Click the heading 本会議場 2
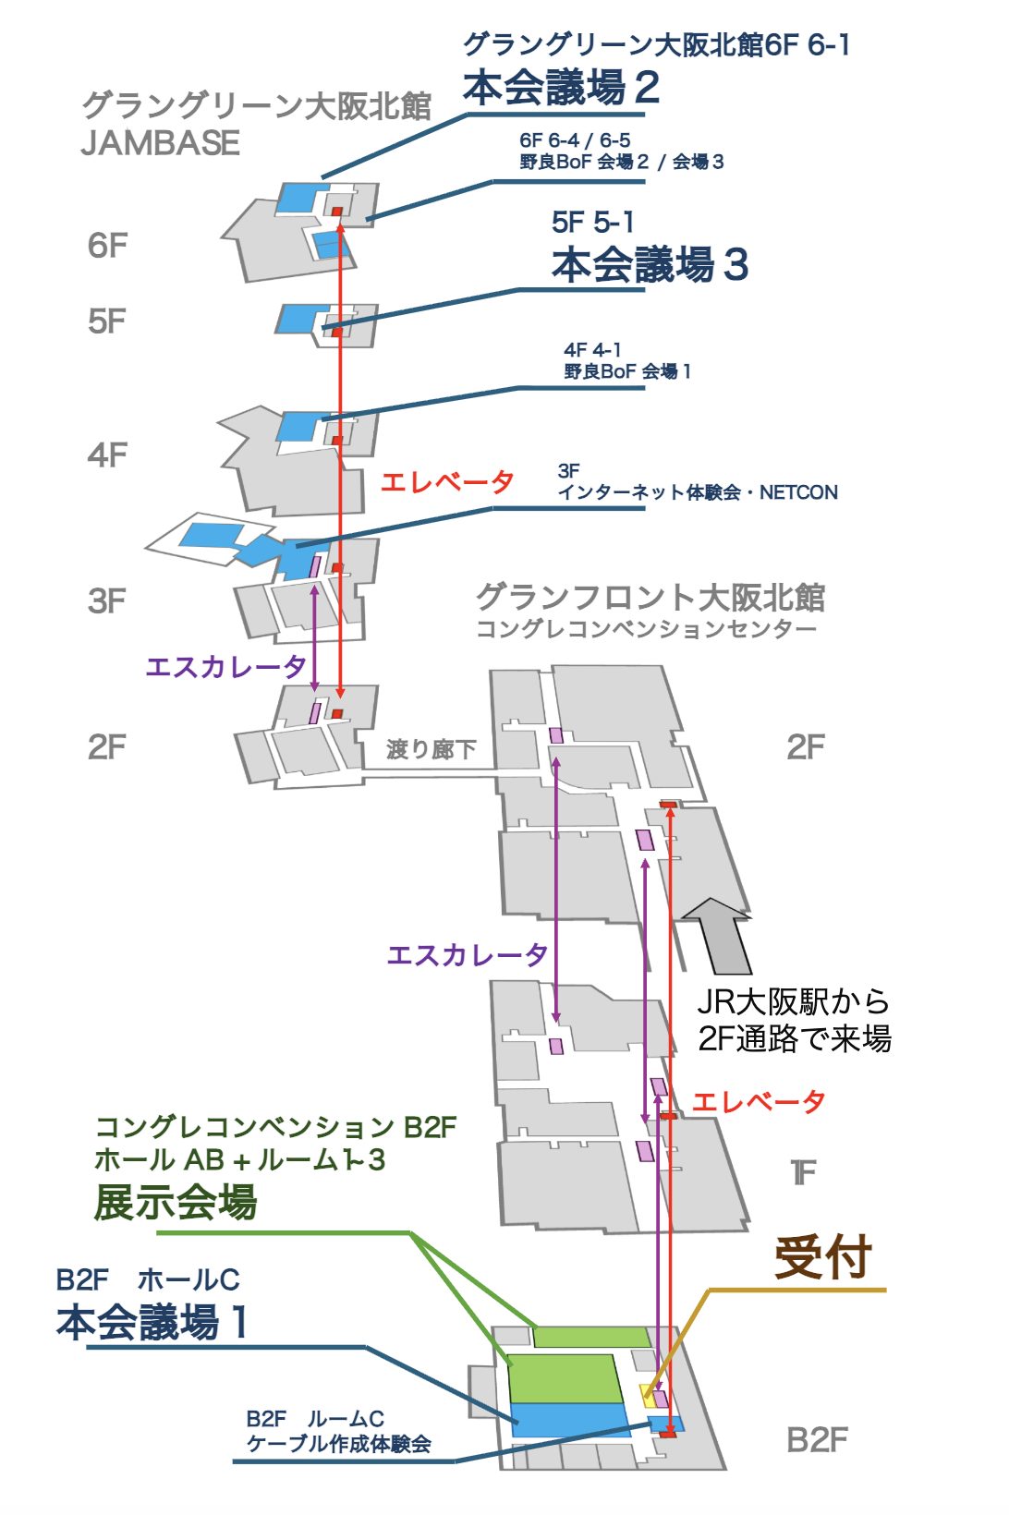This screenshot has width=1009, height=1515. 561,88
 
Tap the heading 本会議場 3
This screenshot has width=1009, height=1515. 650,264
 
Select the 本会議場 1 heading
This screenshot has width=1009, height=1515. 152,1322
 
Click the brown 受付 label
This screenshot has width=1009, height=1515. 823,1257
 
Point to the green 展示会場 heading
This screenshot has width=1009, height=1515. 176,1203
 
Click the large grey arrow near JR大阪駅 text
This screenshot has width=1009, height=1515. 719,935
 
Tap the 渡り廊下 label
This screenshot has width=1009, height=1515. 432,749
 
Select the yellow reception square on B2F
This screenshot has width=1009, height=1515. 649,1395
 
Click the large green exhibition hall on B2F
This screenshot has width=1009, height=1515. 565,1378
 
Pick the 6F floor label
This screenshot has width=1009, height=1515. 107,246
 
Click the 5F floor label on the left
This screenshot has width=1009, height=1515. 107,321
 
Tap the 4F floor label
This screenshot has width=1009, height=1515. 107,455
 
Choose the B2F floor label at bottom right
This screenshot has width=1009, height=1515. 817,1440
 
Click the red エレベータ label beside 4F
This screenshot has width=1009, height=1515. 447,481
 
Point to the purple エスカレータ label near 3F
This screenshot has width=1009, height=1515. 225,666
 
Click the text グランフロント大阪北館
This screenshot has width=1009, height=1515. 650,598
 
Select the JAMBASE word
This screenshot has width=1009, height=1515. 160,143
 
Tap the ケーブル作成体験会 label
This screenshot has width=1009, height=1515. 338,1444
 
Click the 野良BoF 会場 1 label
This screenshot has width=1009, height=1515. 627,371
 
